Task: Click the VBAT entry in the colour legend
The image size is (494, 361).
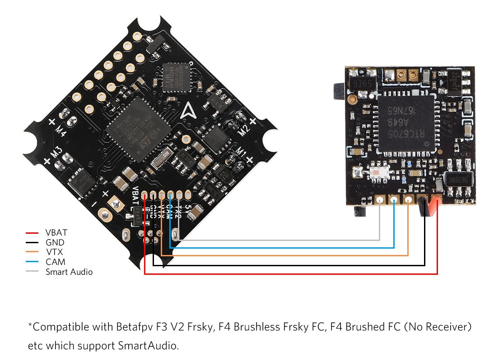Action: coord(56,233)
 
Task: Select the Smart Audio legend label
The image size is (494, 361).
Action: coord(69,272)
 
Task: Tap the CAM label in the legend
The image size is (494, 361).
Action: coord(55,262)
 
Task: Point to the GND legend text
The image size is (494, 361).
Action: coord(55,243)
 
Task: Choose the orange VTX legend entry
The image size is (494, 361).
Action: coord(54,252)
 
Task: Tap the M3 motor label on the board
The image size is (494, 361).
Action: coord(56,153)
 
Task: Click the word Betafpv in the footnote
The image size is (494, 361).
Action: coord(136,327)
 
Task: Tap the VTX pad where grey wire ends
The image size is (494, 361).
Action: coord(380,201)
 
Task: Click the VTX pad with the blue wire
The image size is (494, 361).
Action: coord(394,200)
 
